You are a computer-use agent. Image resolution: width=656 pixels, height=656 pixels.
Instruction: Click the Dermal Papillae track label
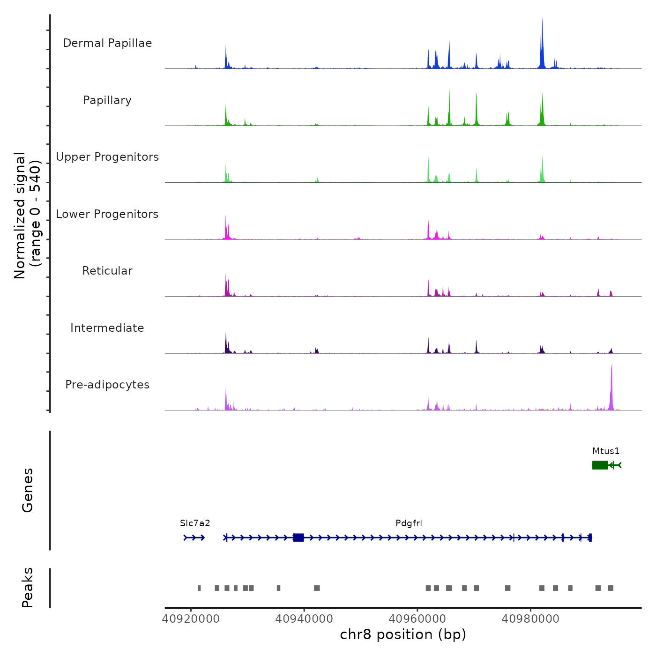coord(107,43)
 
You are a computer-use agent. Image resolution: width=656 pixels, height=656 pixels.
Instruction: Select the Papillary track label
coord(107,100)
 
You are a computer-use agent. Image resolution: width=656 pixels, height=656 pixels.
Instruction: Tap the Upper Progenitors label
coord(107,157)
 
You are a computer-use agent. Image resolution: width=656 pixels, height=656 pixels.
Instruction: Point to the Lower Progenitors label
coord(107,214)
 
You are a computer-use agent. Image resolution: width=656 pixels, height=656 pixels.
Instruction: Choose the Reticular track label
coord(107,271)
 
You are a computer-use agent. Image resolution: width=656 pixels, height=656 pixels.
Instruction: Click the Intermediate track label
coord(107,328)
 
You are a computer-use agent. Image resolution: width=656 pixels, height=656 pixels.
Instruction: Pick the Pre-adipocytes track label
coord(107,385)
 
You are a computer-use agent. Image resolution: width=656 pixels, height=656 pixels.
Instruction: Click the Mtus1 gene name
coord(606,451)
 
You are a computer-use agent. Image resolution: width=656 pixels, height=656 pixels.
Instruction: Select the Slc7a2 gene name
coord(195,523)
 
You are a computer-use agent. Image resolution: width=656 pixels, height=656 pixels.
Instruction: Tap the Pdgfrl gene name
coord(409,523)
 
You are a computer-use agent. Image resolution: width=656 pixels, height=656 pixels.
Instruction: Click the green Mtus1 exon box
coord(600,465)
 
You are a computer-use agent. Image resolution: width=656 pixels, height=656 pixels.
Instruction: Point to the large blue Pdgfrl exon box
coord(298,537)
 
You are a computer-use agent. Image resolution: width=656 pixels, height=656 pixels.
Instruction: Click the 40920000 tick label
coord(191,619)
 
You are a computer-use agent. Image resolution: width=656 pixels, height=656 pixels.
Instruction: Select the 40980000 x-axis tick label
coord(530,619)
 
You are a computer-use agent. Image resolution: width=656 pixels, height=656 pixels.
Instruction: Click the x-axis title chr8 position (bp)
coord(403,634)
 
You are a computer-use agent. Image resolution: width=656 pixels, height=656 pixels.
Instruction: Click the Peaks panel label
coord(27,588)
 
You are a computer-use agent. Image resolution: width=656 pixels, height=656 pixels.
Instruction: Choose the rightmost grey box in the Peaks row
coord(611,588)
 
